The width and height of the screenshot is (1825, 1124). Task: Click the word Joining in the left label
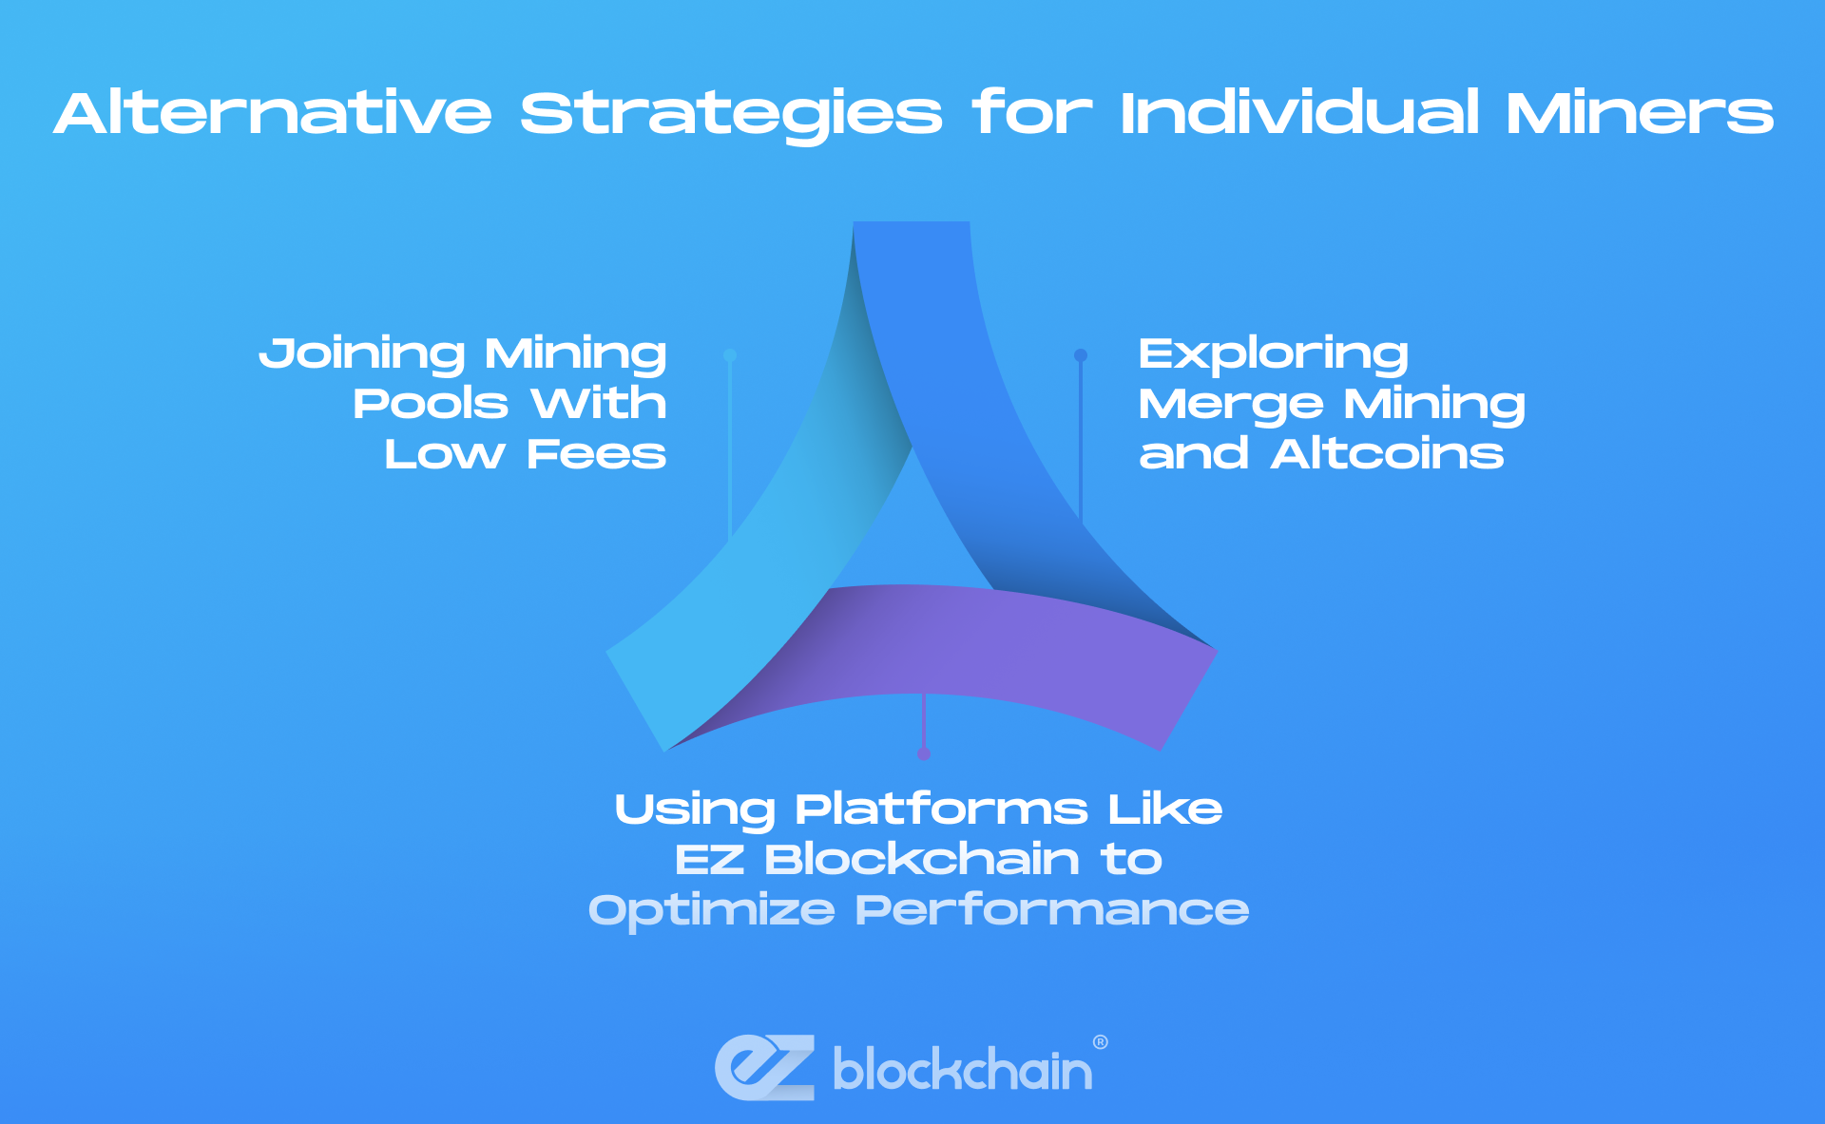[362, 353]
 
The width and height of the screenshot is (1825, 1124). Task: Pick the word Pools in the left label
[431, 404]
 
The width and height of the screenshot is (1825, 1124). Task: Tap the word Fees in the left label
[597, 454]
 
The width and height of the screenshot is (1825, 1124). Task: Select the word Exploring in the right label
[1274, 353]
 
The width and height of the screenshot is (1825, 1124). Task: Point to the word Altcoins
[1388, 454]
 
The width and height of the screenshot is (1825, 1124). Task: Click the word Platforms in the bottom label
[942, 810]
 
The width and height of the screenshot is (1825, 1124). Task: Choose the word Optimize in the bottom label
[712, 911]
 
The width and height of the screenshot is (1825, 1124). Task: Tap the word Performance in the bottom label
[1052, 910]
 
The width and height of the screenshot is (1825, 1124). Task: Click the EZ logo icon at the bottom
[765, 1068]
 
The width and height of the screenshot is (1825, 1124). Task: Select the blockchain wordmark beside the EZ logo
[963, 1069]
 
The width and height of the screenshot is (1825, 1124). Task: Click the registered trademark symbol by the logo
[1101, 1042]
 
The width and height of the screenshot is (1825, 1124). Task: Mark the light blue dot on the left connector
[730, 355]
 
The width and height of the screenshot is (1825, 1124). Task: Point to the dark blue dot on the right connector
[1081, 355]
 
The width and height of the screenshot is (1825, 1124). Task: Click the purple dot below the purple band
[924, 753]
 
